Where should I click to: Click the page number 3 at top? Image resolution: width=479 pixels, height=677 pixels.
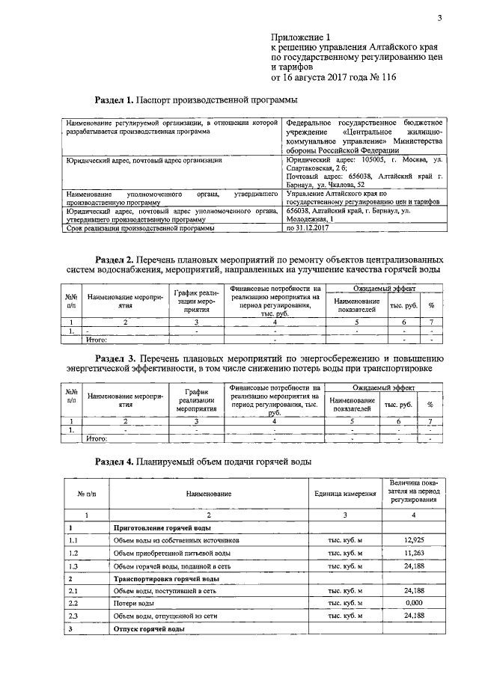(x=440, y=19)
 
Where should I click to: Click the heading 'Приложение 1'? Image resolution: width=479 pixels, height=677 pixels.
(x=299, y=37)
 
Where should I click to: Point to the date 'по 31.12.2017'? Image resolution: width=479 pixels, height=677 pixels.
(x=310, y=229)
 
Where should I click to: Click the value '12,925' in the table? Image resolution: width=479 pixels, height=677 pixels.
(x=414, y=539)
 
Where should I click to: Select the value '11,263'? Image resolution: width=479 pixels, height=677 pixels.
(x=414, y=553)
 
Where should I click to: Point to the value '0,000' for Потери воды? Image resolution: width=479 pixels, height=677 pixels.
(x=414, y=602)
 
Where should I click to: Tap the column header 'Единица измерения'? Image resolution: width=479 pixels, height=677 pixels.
(x=345, y=494)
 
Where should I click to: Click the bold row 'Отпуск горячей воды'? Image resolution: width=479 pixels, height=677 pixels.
(x=149, y=630)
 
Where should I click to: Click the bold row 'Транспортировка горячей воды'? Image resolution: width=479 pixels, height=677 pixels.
(x=165, y=579)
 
